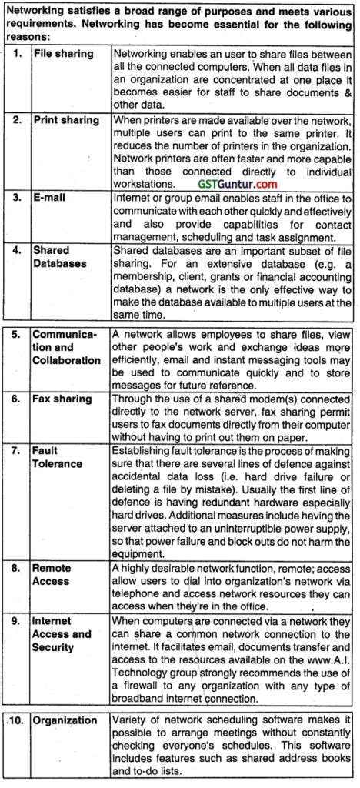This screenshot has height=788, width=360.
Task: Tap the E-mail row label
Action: point(52,197)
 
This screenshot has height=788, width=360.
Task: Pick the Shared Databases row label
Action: point(61,256)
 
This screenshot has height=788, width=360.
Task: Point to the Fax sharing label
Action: point(63,399)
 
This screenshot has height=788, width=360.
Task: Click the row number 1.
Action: point(17,55)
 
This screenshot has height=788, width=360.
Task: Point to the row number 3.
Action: point(17,197)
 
